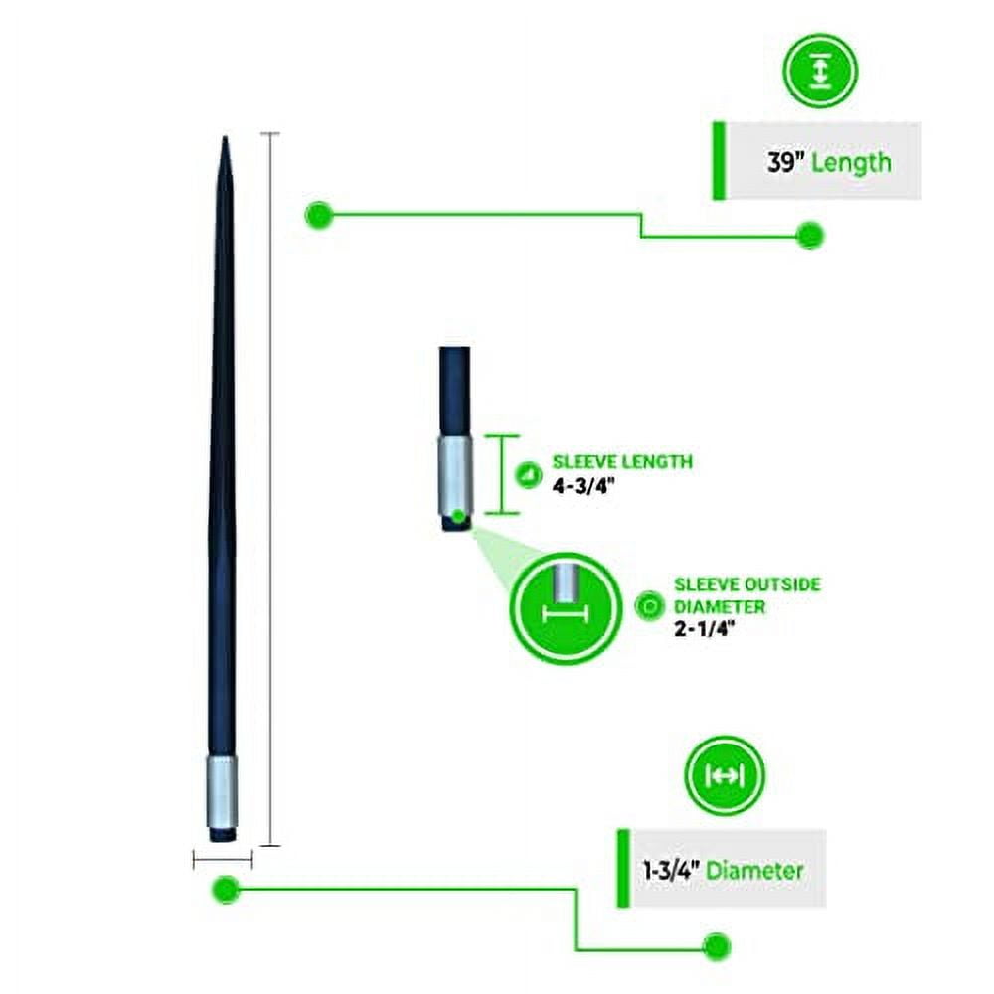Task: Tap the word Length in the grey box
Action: [852, 163]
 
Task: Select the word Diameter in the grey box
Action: [754, 870]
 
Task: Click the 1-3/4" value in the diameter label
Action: [671, 870]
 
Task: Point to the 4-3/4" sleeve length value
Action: [583, 486]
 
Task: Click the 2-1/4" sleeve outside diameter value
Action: [705, 629]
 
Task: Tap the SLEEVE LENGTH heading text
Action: [622, 461]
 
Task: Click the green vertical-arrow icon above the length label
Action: [820, 71]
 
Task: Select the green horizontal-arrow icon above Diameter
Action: [725, 774]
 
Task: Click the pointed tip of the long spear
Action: [225, 137]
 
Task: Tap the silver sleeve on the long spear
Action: [222, 791]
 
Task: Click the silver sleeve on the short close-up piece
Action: [455, 475]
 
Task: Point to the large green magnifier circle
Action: [567, 608]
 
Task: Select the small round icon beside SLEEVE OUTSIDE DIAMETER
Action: [649, 606]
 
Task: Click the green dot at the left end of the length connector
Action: [319, 215]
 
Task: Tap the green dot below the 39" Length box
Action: [809, 236]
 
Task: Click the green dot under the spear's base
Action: [225, 888]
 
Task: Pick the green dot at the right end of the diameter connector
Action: [717, 947]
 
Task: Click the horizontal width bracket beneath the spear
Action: [223, 860]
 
